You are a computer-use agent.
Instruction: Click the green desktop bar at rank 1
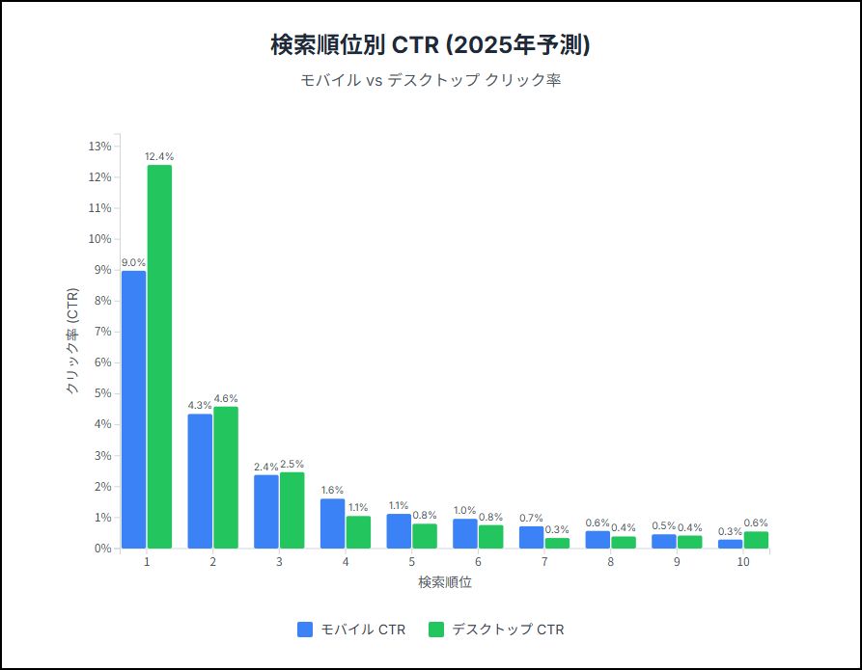pos(159,357)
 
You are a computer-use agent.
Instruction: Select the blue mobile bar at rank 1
pos(134,410)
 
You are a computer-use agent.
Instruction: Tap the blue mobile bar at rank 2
pos(200,481)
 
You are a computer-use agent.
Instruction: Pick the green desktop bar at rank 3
pos(292,510)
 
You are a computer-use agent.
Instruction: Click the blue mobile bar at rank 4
pos(332,523)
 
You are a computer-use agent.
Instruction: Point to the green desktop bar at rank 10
pos(756,540)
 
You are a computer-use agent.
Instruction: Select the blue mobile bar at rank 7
pos(531,537)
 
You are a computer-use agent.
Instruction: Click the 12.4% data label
pos(159,156)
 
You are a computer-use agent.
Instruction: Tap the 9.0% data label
pos(133,262)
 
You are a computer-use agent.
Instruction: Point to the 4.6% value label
pos(226,398)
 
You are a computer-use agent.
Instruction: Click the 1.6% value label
pos(332,490)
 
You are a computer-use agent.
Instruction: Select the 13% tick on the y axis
pos(100,147)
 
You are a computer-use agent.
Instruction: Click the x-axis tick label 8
pos(610,561)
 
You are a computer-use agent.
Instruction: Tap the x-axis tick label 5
pos(411,561)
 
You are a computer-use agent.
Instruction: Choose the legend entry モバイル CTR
pos(351,630)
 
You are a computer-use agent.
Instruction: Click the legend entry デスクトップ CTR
pos(496,630)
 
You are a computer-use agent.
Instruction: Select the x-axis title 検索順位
pos(445,583)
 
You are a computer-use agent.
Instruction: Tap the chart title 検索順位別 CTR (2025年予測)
pos(431,45)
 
